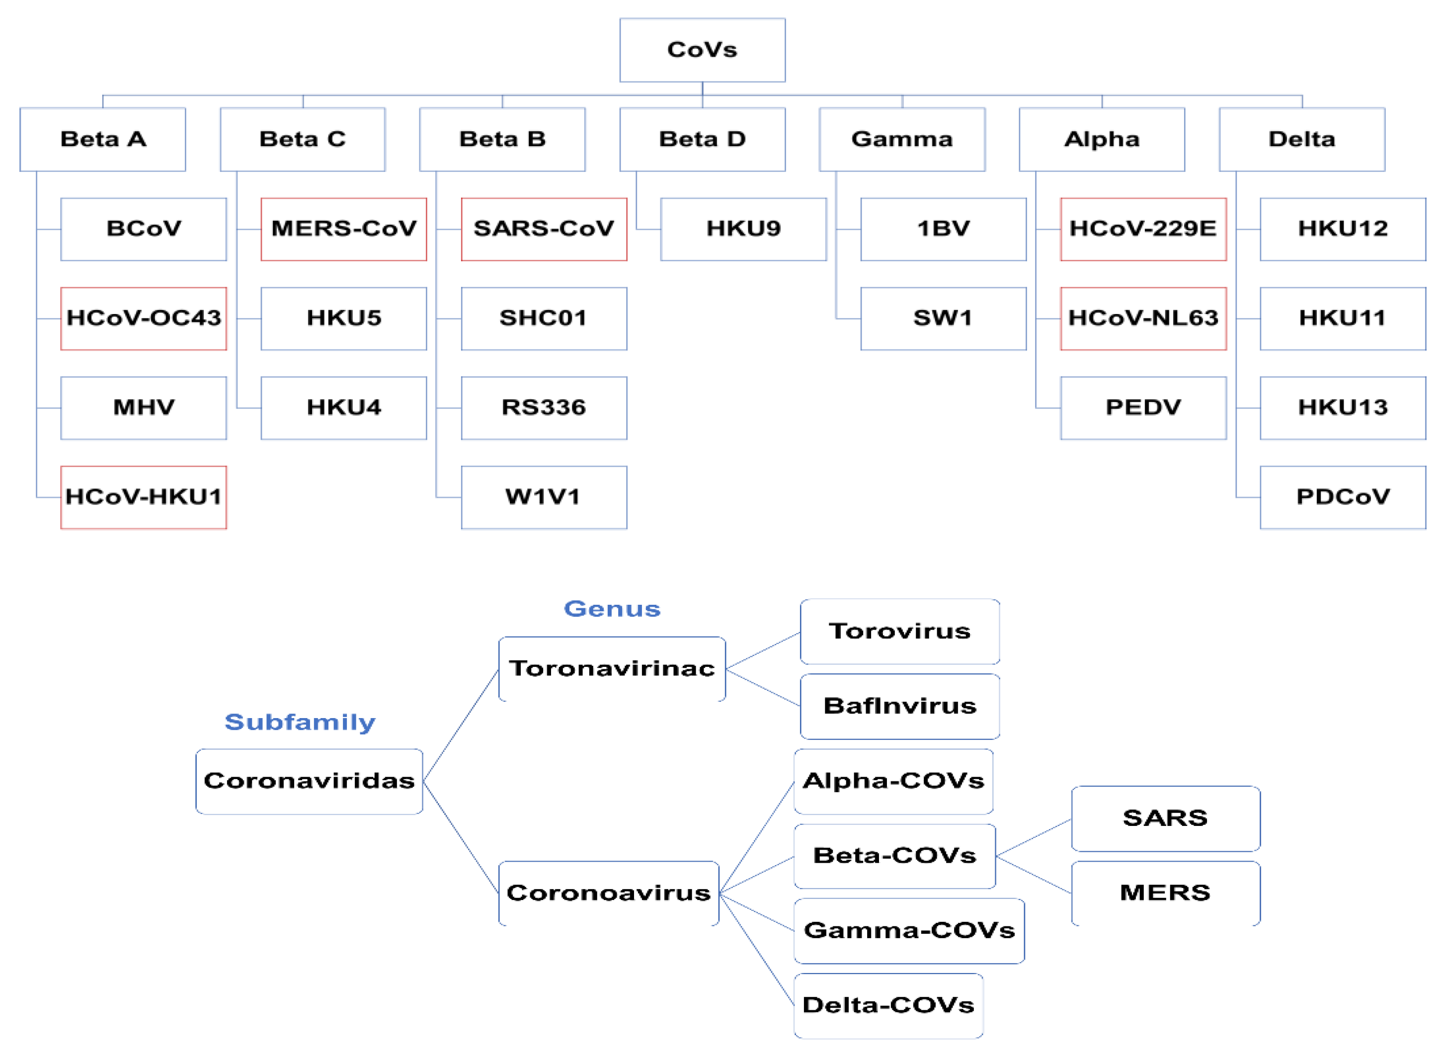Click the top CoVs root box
[702, 50]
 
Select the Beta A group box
[103, 139]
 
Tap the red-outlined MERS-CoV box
[343, 229]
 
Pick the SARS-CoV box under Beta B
[544, 229]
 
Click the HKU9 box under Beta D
[743, 229]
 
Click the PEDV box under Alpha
[1143, 407]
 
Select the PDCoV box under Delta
[1343, 497]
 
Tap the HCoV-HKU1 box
[144, 497]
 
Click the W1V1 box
[544, 497]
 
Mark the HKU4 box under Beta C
[343, 407]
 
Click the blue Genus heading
[612, 609]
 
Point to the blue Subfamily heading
[300, 722]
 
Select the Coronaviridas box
[309, 781]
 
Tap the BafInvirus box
[900, 706]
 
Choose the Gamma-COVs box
[909, 931]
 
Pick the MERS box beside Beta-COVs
[1165, 892]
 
